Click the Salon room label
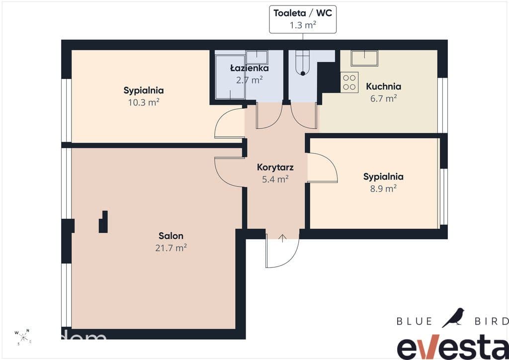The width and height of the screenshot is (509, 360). point(171,236)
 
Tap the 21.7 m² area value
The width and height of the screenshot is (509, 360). point(171,248)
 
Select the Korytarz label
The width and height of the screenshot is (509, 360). point(275,167)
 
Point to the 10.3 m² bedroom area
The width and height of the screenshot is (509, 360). point(144,102)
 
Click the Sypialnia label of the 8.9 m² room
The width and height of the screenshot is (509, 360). point(383,177)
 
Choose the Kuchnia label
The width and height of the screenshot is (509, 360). point(383,87)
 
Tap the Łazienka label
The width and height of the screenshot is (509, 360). point(250,68)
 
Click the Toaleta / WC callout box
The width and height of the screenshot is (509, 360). point(303,19)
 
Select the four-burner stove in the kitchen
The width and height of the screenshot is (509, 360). point(349,82)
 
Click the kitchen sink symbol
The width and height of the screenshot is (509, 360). point(364,59)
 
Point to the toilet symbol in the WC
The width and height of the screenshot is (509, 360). point(303,63)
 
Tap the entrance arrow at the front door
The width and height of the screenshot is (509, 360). point(283,238)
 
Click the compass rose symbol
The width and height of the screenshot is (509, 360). point(23,337)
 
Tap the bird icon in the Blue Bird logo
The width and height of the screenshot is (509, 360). point(453,317)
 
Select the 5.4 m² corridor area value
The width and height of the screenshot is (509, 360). point(275,179)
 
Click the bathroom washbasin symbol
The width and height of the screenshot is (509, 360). point(256,57)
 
